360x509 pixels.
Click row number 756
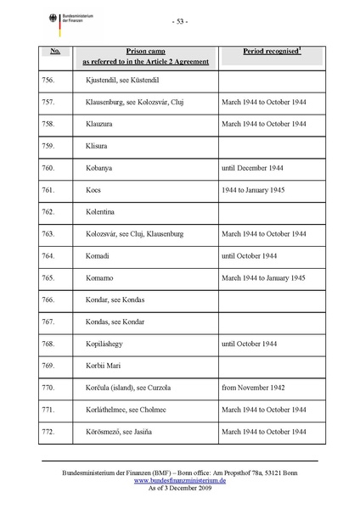(x=48, y=79)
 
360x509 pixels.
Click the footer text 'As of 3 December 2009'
(x=179, y=488)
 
